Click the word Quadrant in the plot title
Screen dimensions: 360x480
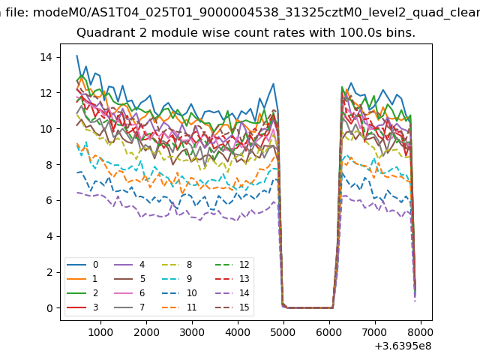tap(103, 33)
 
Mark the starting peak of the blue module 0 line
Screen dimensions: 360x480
tap(77, 55)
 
